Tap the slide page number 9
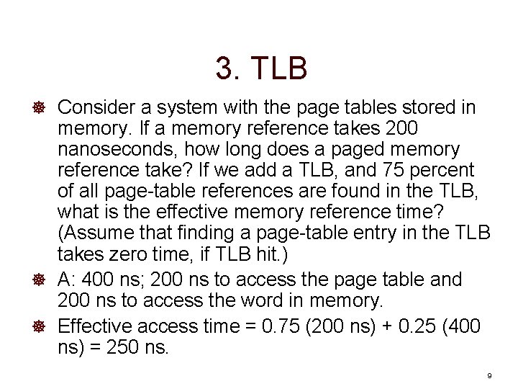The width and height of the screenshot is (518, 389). [489, 376]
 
